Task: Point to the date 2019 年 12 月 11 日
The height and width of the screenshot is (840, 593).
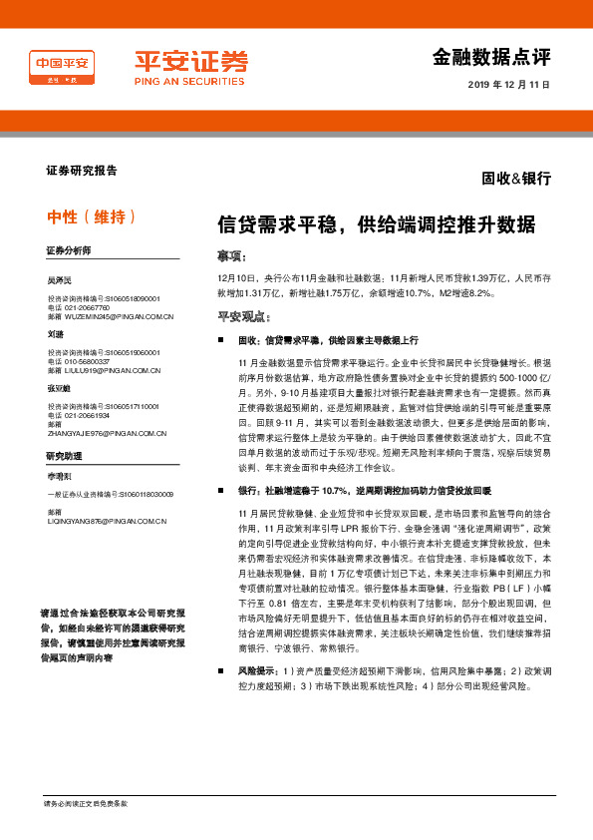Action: (x=508, y=85)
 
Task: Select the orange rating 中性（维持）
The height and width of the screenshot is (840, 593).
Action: (x=92, y=216)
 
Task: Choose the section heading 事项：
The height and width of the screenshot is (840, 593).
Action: (x=231, y=255)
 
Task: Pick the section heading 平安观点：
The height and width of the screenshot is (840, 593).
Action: (x=244, y=317)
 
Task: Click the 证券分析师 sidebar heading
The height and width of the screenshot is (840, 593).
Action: (x=69, y=249)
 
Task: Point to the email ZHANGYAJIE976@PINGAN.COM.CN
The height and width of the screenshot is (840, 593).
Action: (x=107, y=434)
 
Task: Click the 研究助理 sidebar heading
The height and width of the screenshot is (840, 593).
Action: (x=62, y=455)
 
